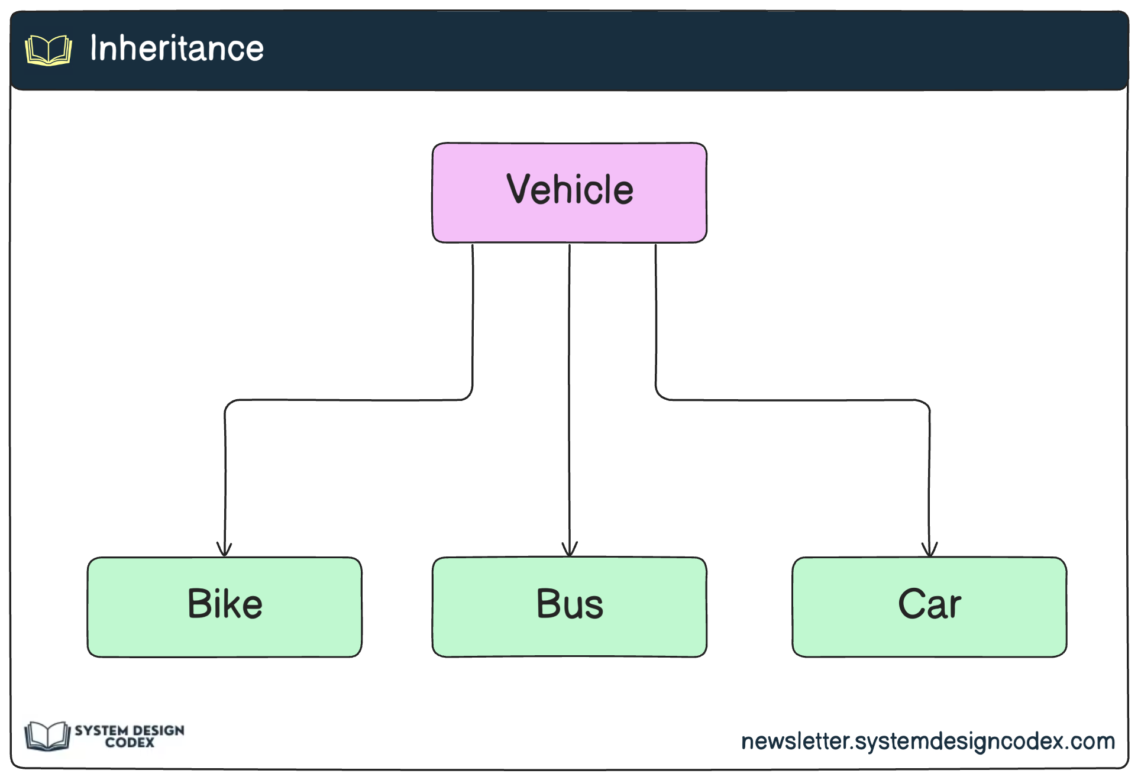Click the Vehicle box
tap(569, 193)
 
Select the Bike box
tap(224, 607)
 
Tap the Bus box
tap(569, 607)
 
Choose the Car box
tap(929, 607)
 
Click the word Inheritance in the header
tap(176, 48)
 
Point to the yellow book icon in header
tap(49, 50)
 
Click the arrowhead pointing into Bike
tap(224, 550)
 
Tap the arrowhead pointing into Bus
tap(570, 550)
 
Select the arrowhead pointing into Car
tap(929, 550)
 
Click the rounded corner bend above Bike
tap(228, 404)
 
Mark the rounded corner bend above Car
tap(926, 404)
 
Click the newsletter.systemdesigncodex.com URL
tap(927, 741)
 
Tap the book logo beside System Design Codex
tap(47, 736)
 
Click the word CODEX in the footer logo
tap(130, 743)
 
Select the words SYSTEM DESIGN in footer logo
tap(130, 730)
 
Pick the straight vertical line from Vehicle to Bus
tap(570, 390)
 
